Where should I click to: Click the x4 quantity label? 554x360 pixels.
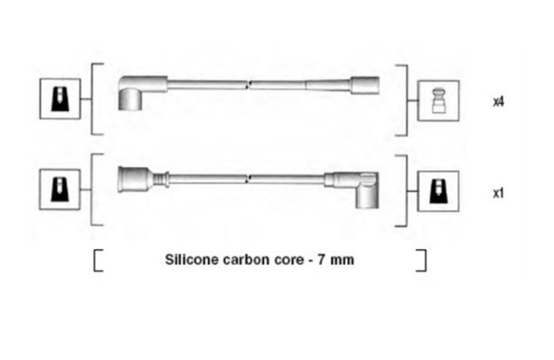click(x=498, y=102)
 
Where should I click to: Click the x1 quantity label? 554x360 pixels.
click(x=498, y=193)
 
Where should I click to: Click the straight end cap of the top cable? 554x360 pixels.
click(x=365, y=85)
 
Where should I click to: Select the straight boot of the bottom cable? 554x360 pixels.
click(x=136, y=179)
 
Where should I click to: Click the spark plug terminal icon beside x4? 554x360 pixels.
click(x=438, y=101)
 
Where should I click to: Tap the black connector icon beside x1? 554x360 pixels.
click(x=438, y=192)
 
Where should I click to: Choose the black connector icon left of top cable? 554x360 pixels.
click(x=60, y=99)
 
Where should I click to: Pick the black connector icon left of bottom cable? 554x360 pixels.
click(x=60, y=190)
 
